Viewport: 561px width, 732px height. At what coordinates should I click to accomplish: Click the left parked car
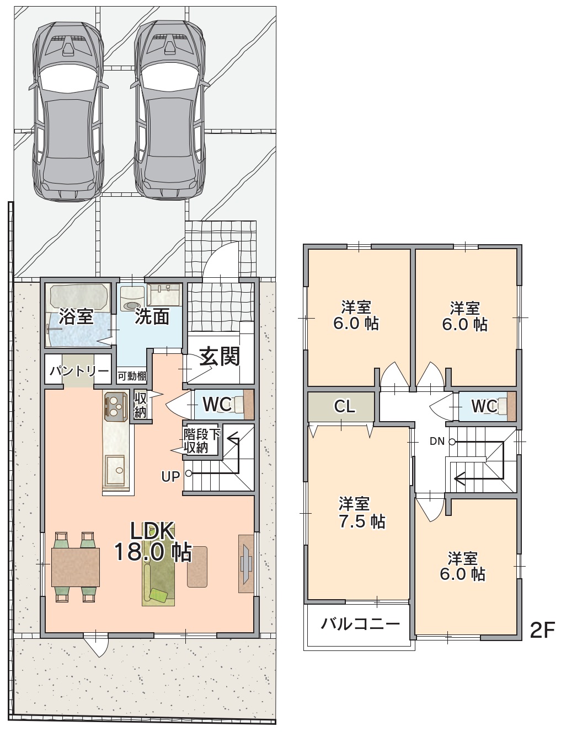[x=68, y=111]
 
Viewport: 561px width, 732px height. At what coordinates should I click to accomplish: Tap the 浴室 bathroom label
[x=76, y=316]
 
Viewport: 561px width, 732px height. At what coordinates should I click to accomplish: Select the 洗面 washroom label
[x=152, y=316]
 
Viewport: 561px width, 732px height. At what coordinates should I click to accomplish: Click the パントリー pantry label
[x=79, y=371]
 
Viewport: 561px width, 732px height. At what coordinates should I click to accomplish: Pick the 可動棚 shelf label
[x=132, y=376]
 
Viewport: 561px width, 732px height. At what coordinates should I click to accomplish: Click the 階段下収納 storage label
[x=201, y=440]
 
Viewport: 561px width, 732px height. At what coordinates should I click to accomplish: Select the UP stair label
[x=170, y=476]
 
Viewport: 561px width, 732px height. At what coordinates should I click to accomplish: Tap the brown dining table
[x=75, y=567]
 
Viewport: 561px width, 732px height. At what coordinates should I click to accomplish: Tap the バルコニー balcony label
[x=360, y=624]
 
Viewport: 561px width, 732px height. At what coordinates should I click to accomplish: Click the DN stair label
[x=437, y=441]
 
